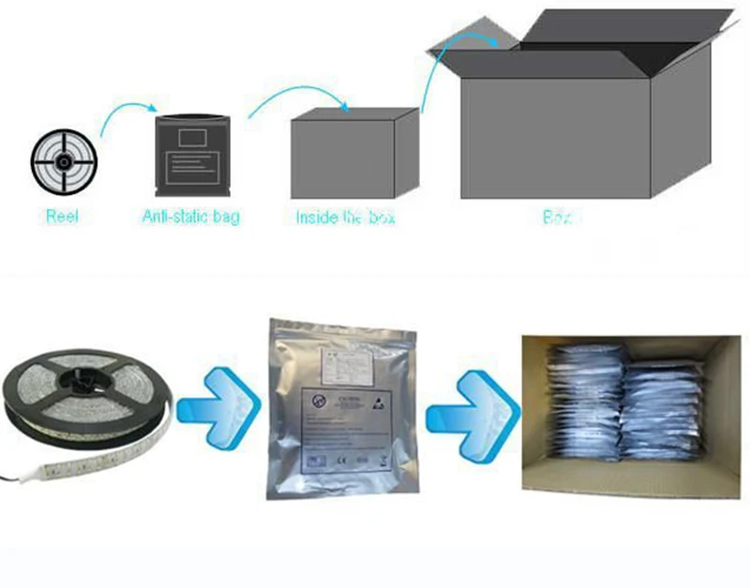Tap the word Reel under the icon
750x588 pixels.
point(62,218)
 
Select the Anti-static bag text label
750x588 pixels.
point(191,218)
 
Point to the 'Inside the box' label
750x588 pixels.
point(345,218)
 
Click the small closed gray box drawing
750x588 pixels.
point(353,156)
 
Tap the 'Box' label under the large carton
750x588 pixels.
point(557,218)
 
